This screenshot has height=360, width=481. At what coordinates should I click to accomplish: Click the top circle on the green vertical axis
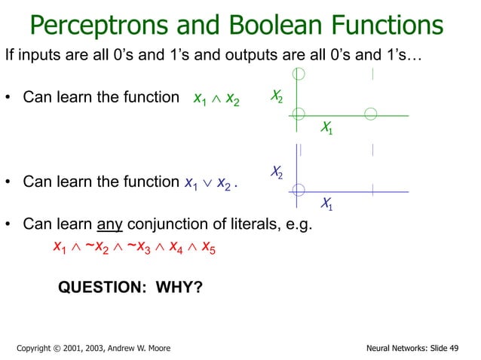[299, 73]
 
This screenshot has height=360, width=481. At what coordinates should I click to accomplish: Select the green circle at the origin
[299, 114]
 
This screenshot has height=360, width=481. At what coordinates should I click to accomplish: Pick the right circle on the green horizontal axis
[370, 114]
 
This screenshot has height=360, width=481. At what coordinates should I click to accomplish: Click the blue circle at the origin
[299, 189]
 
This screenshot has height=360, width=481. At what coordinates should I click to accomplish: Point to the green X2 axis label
[277, 96]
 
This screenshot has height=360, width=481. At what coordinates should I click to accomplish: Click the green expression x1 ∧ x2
[216, 100]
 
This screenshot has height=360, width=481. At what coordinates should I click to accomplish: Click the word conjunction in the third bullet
[168, 224]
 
